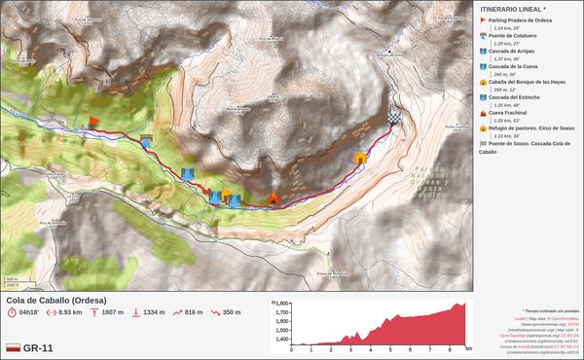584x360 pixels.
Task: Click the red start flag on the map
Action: coord(93,121)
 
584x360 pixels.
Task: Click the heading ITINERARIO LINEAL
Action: coord(513,9)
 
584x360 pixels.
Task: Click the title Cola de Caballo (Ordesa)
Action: coord(55,300)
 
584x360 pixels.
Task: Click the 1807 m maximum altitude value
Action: coord(112,312)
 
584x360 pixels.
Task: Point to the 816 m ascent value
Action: coord(193,312)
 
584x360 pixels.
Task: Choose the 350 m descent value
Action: coord(231,312)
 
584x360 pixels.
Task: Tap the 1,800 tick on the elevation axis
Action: coord(282,304)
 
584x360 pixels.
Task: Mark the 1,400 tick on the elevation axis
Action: coord(282,341)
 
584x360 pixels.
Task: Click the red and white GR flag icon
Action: coord(13,347)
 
